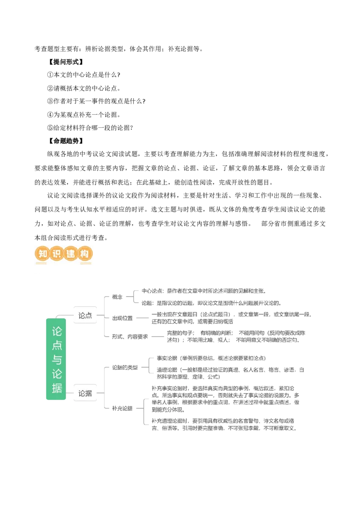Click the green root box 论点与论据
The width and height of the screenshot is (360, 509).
point(56,359)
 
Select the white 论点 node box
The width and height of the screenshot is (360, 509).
point(85,316)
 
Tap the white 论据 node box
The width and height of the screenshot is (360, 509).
point(85,393)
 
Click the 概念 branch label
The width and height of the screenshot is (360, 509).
point(117,297)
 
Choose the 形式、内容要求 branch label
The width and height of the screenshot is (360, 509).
point(130,336)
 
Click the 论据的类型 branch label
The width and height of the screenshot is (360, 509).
point(124,367)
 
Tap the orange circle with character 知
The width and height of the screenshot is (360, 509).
point(42,254)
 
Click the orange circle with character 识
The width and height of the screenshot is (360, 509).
point(56,254)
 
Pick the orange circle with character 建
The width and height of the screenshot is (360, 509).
point(70,254)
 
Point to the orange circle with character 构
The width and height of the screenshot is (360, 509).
point(84,254)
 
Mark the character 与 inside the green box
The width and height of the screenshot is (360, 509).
point(56,360)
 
